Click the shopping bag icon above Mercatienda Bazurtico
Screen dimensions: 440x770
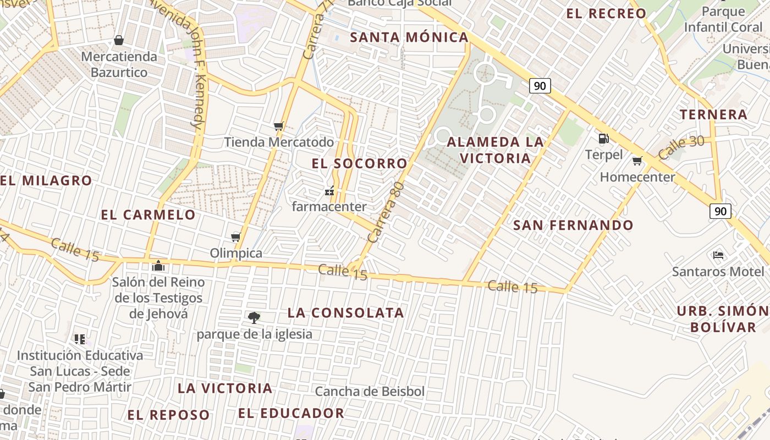point(118,40)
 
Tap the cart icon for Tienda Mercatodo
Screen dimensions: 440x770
point(279,127)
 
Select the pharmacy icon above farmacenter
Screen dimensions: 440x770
point(329,191)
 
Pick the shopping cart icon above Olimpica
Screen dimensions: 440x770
point(236,237)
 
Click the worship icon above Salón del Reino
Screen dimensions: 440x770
point(158,266)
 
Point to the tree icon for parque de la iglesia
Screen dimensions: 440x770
point(254,317)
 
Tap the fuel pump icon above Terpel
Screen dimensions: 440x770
point(603,139)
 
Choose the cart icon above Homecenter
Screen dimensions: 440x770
point(637,161)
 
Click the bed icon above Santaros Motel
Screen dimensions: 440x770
point(718,255)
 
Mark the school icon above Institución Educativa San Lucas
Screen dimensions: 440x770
point(80,339)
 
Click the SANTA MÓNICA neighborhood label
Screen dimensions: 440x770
point(409,37)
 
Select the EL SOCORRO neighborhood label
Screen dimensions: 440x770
point(359,163)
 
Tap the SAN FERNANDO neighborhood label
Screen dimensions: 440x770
point(573,225)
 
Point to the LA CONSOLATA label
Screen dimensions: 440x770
point(346,313)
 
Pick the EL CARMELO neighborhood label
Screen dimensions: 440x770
point(148,215)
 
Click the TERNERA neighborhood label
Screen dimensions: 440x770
point(713,115)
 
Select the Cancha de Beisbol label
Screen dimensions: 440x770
point(370,392)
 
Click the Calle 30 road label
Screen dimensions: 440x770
point(681,147)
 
